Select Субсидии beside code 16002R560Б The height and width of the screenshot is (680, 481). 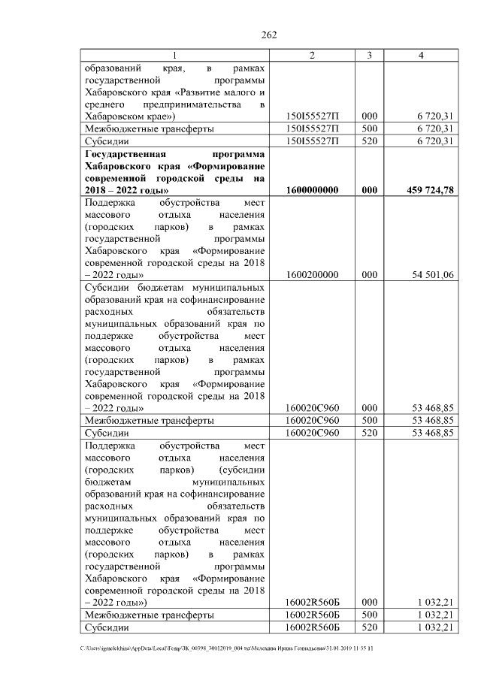pyautogui.click(x=107, y=627)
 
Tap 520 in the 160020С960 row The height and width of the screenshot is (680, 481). pyautogui.click(x=369, y=434)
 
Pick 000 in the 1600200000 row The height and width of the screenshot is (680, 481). pyautogui.click(x=369, y=275)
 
